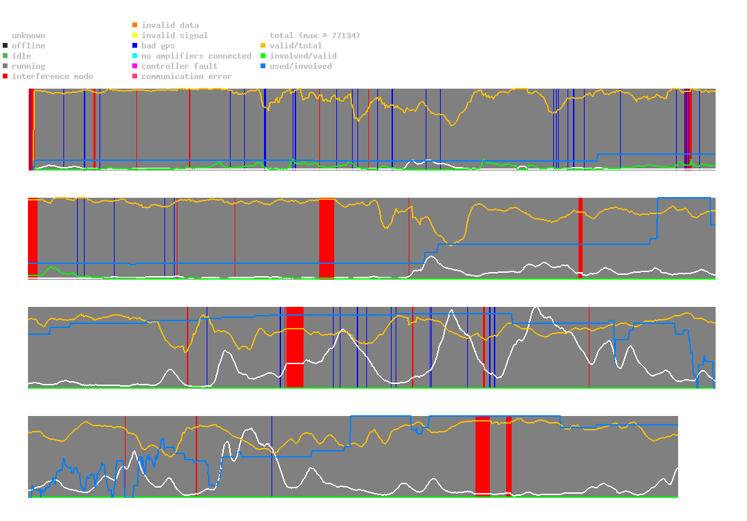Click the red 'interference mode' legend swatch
(x=5, y=76)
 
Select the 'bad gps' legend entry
(x=158, y=46)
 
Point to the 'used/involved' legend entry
(x=301, y=66)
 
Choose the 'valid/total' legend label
(x=298, y=46)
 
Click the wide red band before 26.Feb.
(x=327, y=238)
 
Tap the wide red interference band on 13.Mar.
(x=482, y=455)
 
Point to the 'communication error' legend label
(x=186, y=76)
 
